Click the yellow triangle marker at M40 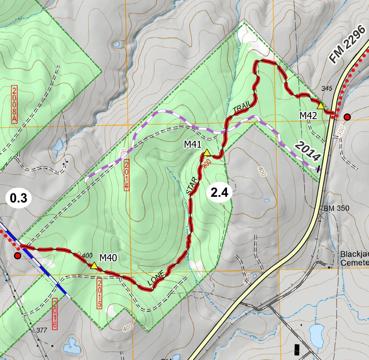pos(94,266)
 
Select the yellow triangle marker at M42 pos(321,106)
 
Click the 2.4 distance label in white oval pos(219,193)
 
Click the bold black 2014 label pos(308,152)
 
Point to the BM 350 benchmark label pos(336,208)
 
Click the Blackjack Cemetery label pos(354,258)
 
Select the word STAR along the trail pos(193,187)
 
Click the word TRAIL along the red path pos(241,108)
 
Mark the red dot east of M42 pos(347,117)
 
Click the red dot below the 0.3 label pos(17,256)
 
